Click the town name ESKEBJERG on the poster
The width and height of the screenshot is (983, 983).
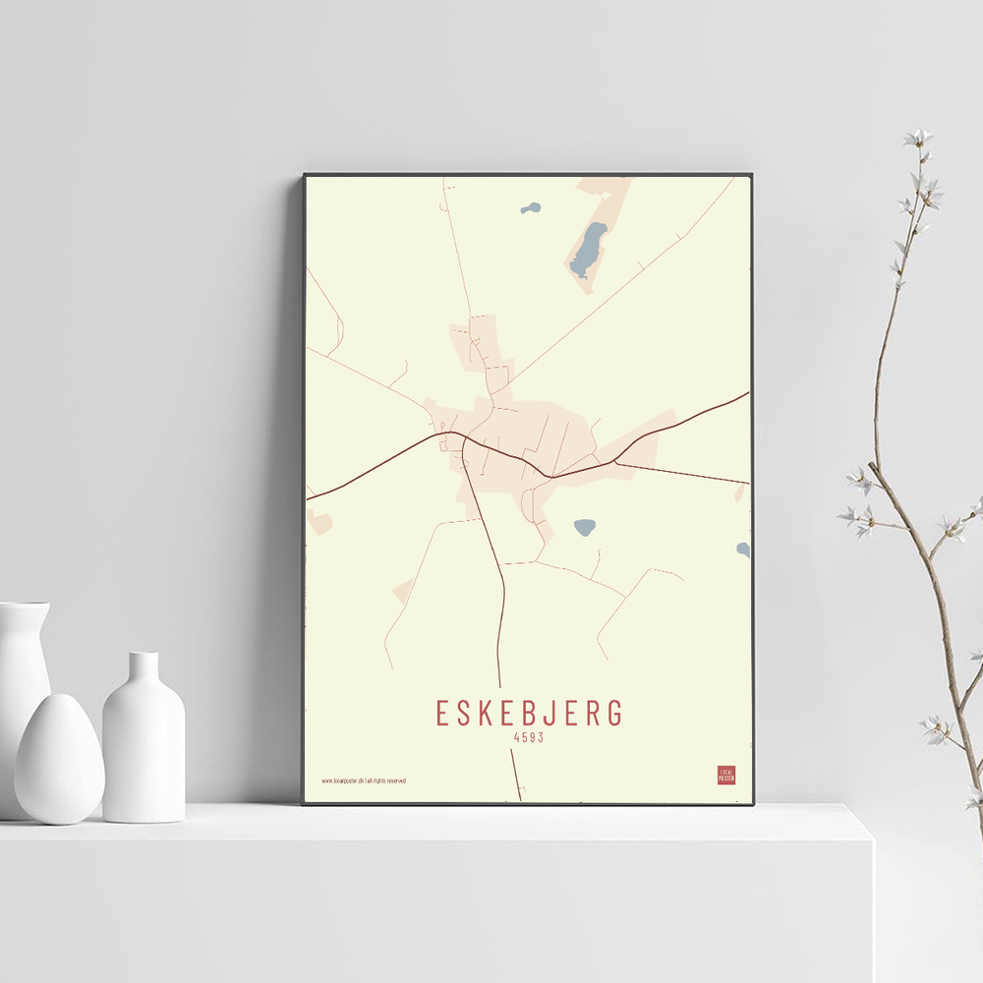pyautogui.click(x=529, y=713)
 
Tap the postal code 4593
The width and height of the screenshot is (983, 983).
pyautogui.click(x=529, y=737)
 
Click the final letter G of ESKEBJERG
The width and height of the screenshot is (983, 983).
pyautogui.click(x=615, y=713)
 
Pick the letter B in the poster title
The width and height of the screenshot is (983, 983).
pyautogui.click(x=527, y=713)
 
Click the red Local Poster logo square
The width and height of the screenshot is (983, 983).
pyautogui.click(x=726, y=776)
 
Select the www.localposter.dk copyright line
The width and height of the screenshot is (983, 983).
pyautogui.click(x=363, y=781)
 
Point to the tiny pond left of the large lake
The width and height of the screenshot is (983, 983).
pyautogui.click(x=531, y=208)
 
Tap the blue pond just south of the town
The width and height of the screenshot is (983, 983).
pyautogui.click(x=585, y=527)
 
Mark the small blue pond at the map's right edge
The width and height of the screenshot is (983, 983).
pyautogui.click(x=744, y=549)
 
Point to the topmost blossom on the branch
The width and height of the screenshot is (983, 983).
pyautogui.click(x=919, y=138)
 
